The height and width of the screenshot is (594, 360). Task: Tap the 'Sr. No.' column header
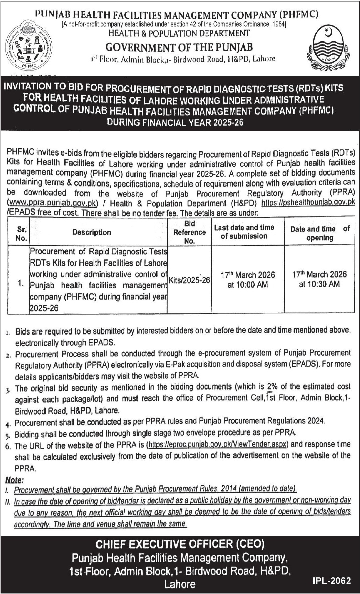click(21, 233)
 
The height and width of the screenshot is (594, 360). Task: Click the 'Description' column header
click(92, 232)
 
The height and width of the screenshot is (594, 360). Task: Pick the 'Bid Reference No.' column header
click(189, 232)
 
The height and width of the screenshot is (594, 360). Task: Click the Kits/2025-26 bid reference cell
click(189, 280)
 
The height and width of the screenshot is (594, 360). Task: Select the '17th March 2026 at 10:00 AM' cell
click(248, 280)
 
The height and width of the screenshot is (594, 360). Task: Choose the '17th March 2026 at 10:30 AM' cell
click(320, 279)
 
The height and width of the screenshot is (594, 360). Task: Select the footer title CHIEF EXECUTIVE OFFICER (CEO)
click(180, 545)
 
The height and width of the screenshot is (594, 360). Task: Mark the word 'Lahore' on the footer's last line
click(180, 584)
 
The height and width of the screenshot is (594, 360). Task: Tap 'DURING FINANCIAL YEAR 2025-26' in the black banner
click(175, 122)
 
